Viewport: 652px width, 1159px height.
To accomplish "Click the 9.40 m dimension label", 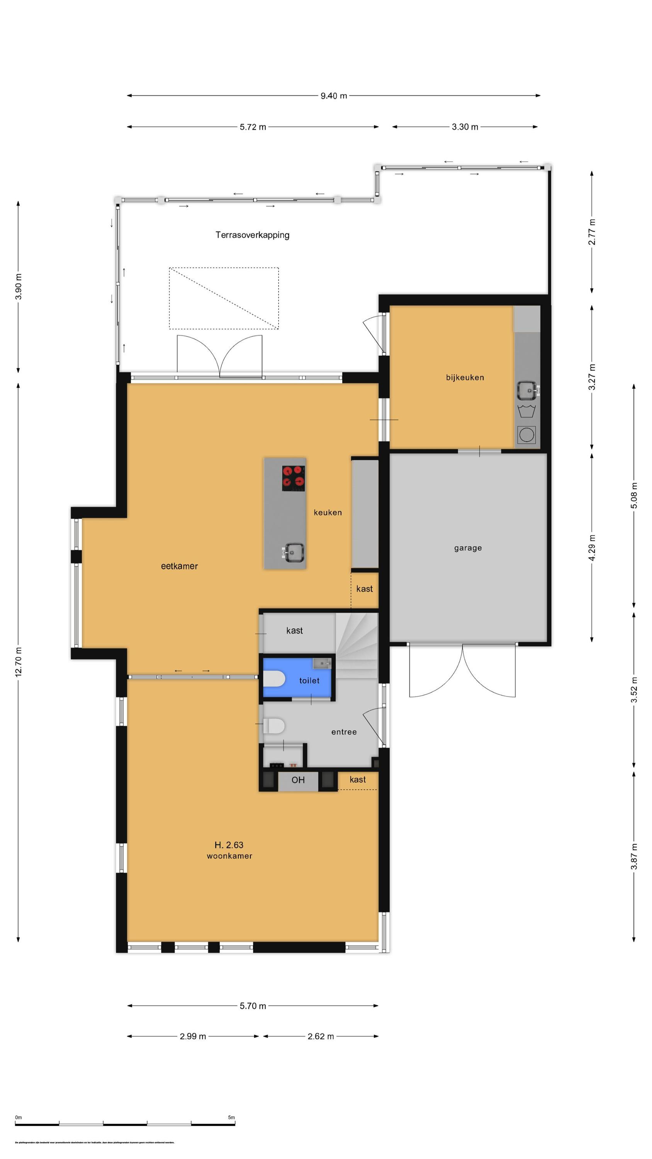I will click(333, 96).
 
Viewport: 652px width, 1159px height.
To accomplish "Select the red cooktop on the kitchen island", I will click(294, 478).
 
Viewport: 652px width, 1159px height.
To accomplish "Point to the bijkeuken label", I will click(465, 377).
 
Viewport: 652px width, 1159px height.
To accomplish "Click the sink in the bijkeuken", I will click(527, 390).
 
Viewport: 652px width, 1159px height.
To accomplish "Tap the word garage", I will click(467, 548).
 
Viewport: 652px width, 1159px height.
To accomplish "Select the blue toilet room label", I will click(309, 681).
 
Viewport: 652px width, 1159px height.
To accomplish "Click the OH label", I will click(298, 780).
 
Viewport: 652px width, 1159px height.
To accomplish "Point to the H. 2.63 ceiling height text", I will click(229, 845).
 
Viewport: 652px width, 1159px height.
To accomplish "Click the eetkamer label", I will click(179, 566).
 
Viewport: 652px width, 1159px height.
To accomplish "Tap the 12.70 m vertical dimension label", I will click(19, 662).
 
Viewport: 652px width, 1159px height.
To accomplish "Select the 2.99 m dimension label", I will click(193, 1036).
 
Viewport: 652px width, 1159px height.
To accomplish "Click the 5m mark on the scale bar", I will click(231, 1117).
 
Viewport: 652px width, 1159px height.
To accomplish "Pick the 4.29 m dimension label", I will click(592, 548).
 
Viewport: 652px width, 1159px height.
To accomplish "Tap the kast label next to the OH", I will click(357, 780).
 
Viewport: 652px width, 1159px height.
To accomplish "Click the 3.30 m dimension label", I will click(465, 127).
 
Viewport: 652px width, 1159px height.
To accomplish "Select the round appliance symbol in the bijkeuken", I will click(526, 435).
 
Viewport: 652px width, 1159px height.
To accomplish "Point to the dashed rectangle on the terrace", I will click(224, 298).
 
